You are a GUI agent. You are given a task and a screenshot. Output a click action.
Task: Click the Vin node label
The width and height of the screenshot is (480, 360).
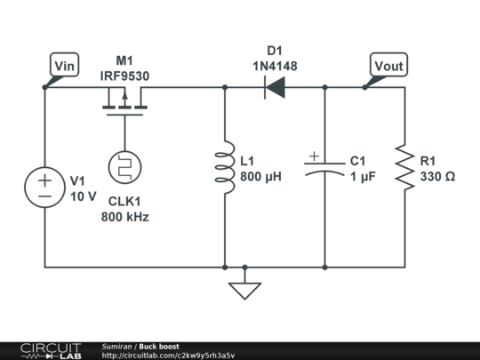coord(66,65)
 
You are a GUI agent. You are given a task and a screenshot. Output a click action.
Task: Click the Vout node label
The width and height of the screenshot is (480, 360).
coord(388,65)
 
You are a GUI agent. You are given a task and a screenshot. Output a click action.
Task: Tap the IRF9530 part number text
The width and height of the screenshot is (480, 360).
coord(124,76)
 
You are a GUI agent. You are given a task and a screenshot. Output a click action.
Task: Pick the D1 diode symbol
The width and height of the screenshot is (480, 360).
coord(275,87)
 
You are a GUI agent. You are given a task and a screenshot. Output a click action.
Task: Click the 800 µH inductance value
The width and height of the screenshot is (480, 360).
coord(260,177)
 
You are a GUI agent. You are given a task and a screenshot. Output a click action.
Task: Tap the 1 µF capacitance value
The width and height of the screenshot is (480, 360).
coord(363,177)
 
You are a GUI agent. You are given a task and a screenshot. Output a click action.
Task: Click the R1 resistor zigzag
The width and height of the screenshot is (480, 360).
coord(405,168)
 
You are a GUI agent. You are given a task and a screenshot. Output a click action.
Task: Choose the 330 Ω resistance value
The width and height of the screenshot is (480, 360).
coord(437,177)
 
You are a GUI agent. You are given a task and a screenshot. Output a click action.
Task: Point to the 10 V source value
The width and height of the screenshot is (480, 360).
coord(83,196)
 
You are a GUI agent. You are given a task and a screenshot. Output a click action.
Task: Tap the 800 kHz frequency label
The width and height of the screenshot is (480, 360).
coord(124,217)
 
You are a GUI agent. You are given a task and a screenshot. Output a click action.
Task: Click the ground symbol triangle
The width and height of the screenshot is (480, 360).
coord(244,290)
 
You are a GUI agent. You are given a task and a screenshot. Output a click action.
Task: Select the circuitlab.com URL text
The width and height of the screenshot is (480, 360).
coord(168,356)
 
